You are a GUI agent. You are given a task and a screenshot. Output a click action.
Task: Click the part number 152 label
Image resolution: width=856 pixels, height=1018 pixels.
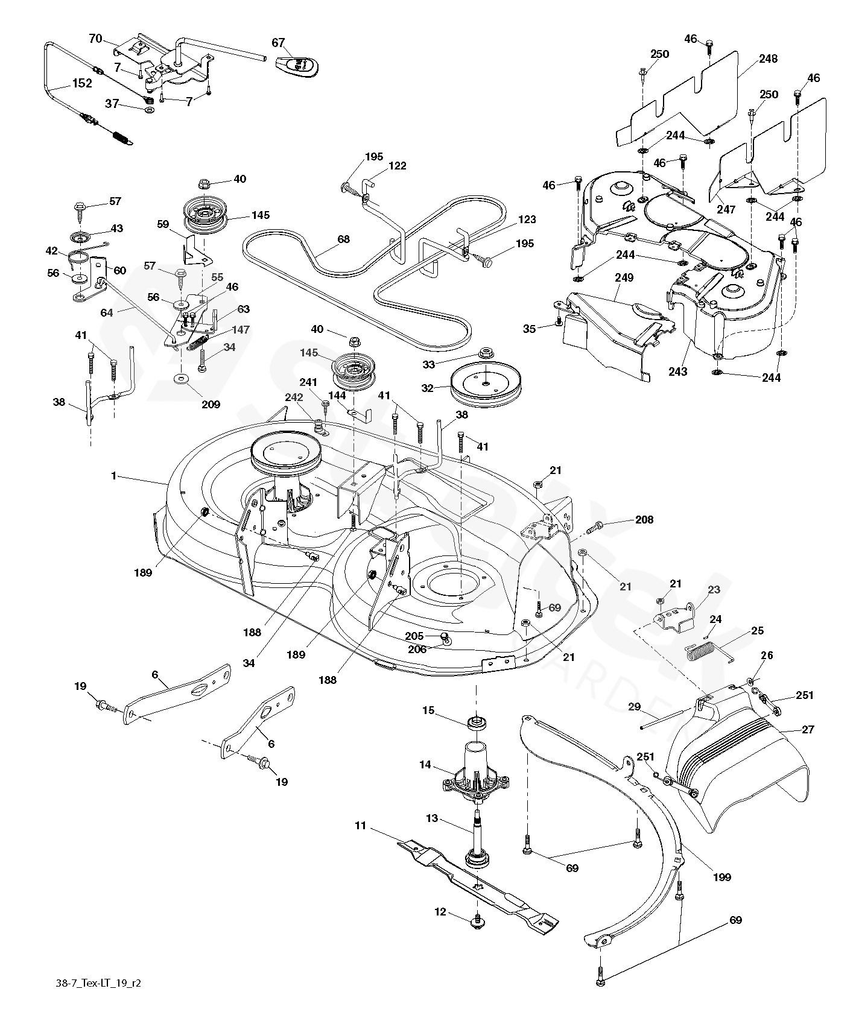coord(82,83)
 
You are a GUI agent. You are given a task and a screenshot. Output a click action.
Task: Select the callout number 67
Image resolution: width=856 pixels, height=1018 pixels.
coord(278,43)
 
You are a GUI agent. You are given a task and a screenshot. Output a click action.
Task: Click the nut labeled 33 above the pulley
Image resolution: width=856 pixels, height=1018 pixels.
coord(484,352)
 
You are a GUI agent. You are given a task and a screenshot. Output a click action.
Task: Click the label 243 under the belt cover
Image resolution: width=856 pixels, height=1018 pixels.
coord(678,371)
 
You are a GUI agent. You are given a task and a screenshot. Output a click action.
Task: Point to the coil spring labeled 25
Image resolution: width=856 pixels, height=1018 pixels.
coord(702,652)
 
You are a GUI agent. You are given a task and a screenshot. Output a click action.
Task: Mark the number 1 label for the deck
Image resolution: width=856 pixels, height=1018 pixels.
coord(113,476)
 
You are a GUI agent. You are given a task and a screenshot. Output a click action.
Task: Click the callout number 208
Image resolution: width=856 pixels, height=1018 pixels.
coord(644,519)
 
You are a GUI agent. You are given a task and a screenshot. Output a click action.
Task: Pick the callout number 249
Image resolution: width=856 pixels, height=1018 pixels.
coord(624,277)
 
